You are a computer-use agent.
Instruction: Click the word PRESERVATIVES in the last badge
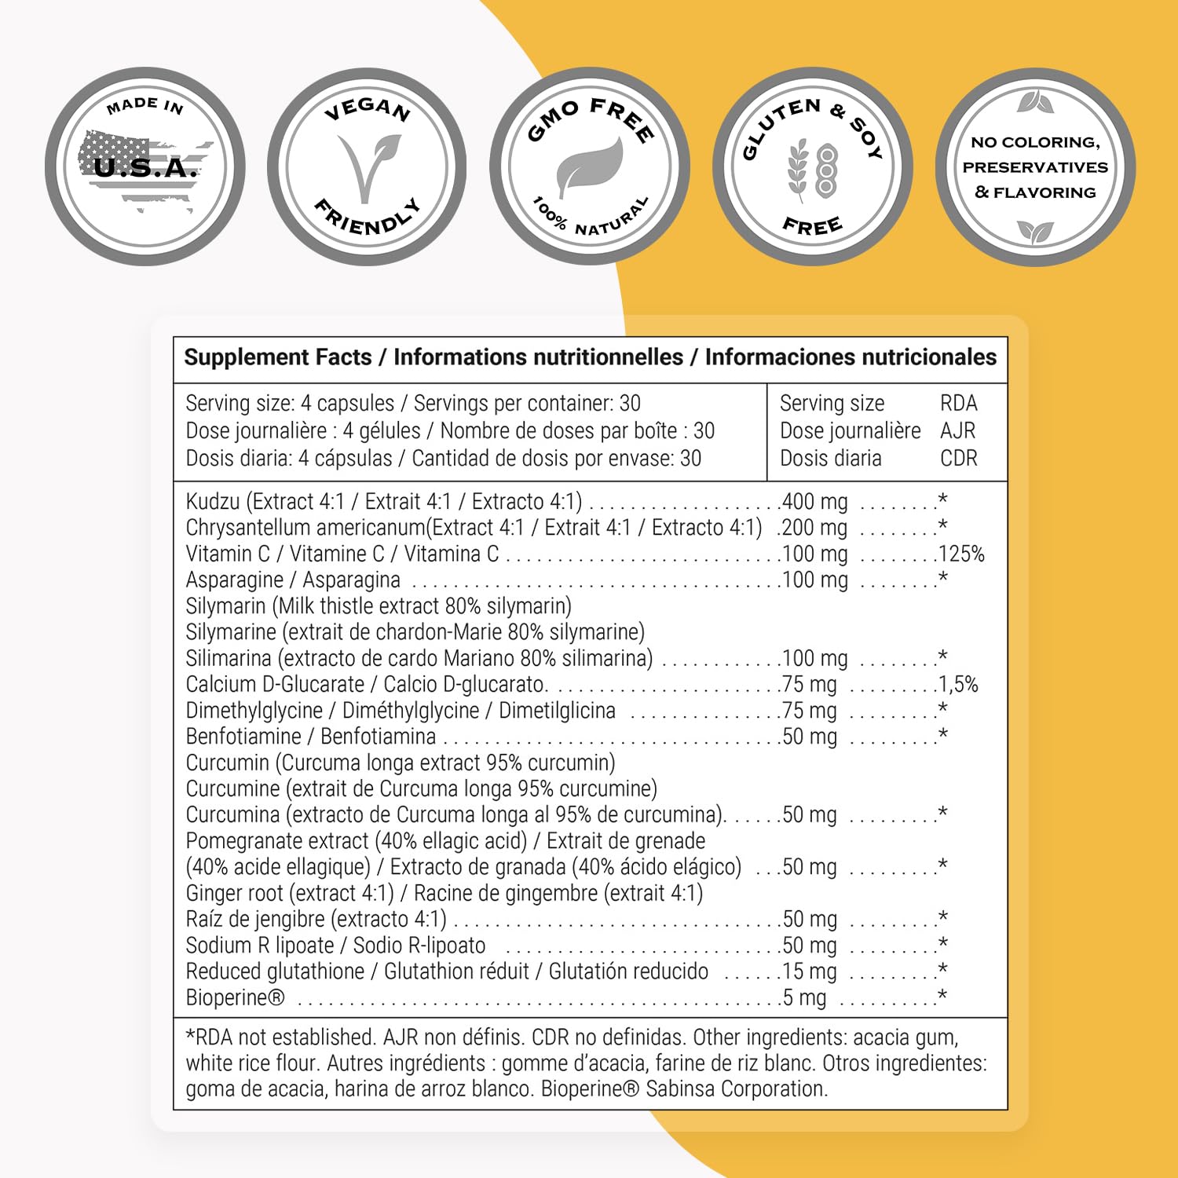[x=1035, y=167]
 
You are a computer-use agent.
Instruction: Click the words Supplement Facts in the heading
[x=277, y=357]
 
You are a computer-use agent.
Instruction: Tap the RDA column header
[x=958, y=404]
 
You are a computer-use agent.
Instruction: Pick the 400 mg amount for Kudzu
[x=815, y=501]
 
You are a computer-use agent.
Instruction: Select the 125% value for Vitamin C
[x=961, y=554]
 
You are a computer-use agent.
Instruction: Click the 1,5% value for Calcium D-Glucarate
[x=959, y=684]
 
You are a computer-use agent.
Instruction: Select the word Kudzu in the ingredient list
[x=213, y=501]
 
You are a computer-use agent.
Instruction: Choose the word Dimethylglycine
[x=254, y=711]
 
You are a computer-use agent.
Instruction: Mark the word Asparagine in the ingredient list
[x=235, y=580]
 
